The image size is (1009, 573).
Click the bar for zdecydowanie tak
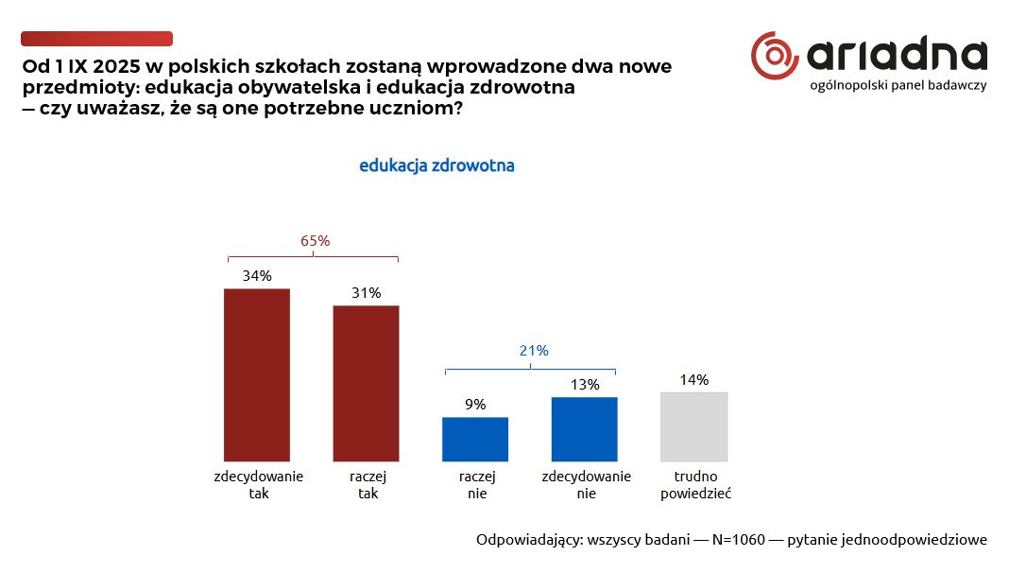[257, 374]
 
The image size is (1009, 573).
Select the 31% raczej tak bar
[367, 383]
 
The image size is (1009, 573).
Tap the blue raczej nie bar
[475, 439]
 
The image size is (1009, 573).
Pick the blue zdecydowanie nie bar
[584, 428]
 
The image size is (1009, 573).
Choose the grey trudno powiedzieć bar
[693, 426]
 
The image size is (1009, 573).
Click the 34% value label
[257, 276]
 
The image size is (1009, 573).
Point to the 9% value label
[475, 405]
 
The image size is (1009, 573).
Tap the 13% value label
[585, 385]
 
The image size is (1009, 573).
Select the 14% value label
[694, 380]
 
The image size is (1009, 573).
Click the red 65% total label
[316, 241]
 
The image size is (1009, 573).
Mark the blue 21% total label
[534, 351]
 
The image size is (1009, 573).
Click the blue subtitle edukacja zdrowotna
[436, 165]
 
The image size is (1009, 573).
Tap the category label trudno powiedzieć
[695, 485]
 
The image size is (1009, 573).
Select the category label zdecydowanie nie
[587, 485]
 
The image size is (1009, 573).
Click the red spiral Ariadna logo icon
[774, 56]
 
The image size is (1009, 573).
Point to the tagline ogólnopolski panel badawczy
[898, 86]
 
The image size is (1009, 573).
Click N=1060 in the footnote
[738, 540]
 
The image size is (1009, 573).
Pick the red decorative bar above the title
[96, 39]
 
